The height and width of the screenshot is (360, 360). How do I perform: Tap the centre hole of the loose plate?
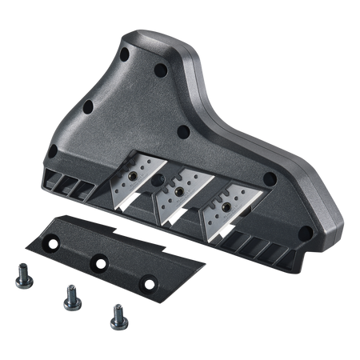tap(102, 260)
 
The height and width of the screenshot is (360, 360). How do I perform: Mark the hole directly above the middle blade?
tap(182, 130)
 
